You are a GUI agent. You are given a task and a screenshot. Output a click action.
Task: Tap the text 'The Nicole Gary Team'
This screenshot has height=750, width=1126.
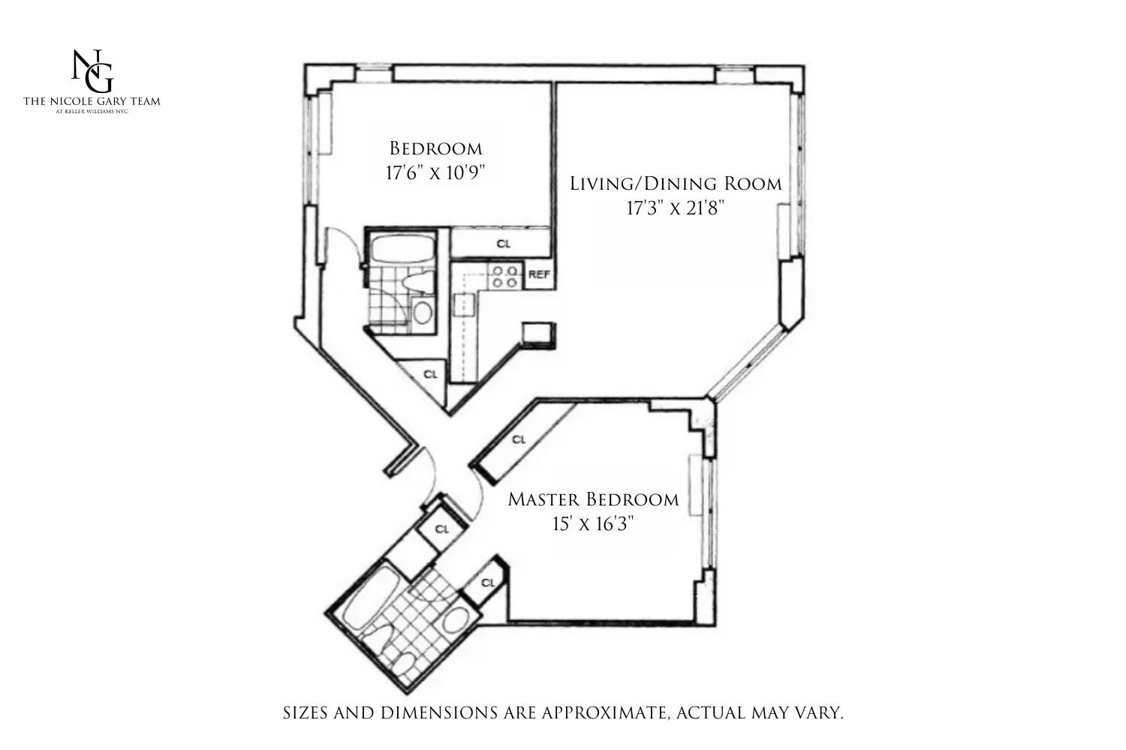pyautogui.click(x=92, y=101)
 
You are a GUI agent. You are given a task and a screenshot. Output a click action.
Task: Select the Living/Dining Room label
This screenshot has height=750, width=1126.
pyautogui.click(x=675, y=184)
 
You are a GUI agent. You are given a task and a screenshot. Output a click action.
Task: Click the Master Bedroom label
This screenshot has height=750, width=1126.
pyautogui.click(x=593, y=499)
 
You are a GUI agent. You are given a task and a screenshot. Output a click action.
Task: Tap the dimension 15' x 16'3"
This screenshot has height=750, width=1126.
pyautogui.click(x=593, y=523)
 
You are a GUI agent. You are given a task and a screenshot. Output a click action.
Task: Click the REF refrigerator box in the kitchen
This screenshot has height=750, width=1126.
pyautogui.click(x=538, y=274)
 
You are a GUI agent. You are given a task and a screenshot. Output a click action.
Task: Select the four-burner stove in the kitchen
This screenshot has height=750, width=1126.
pyautogui.click(x=504, y=277)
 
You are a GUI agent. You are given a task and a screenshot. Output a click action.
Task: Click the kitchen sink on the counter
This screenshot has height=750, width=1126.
pyautogui.click(x=464, y=305)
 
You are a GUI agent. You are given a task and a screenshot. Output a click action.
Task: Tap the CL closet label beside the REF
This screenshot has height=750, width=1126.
pyautogui.click(x=503, y=244)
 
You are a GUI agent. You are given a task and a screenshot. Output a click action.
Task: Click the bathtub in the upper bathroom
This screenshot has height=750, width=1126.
pyautogui.click(x=399, y=248)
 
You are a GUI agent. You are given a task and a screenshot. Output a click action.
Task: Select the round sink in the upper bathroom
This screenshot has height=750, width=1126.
pyautogui.click(x=422, y=312)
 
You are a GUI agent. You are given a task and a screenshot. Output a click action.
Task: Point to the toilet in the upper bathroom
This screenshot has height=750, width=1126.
pyautogui.click(x=415, y=282)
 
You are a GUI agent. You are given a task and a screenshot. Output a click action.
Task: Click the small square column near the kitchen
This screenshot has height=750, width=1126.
pyautogui.click(x=539, y=334)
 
